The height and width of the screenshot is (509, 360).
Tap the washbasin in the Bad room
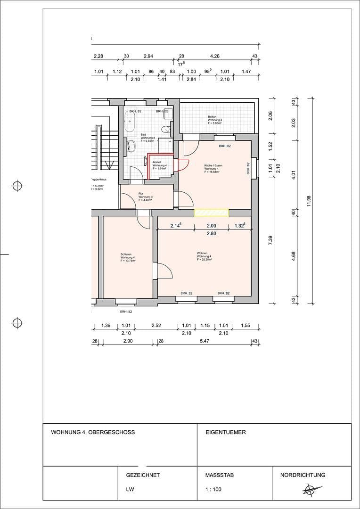click(x=132, y=147)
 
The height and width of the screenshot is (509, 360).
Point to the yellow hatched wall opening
click(x=212, y=213)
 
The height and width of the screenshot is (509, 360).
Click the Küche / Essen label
click(x=213, y=166)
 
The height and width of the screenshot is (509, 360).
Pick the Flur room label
click(x=141, y=194)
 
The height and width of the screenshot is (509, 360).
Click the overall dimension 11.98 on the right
click(x=309, y=201)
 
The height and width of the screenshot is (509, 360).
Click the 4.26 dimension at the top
click(x=215, y=56)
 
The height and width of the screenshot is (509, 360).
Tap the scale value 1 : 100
click(x=213, y=489)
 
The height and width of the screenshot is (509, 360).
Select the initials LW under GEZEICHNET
click(x=130, y=489)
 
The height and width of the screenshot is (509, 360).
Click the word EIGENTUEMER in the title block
click(x=226, y=432)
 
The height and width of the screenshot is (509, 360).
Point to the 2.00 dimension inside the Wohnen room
click(x=212, y=226)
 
